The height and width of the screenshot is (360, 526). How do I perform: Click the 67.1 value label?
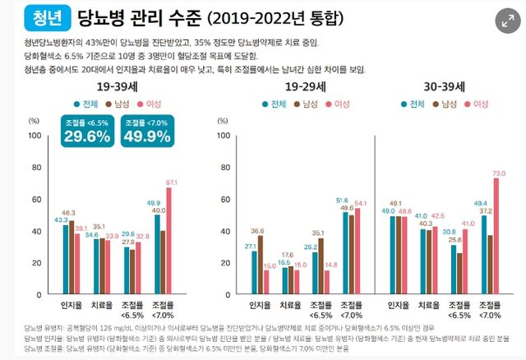tap(171, 182)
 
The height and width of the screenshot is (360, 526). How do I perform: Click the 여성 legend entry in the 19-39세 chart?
tap(148, 104)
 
